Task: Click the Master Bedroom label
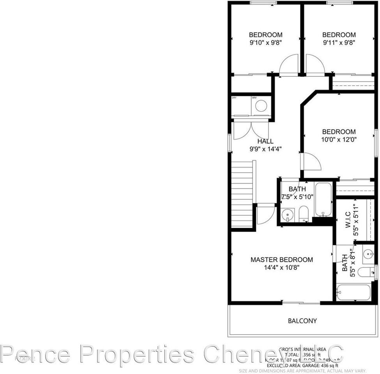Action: tap(281, 259)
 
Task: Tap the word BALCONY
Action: tap(302, 321)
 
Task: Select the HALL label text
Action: tap(265, 141)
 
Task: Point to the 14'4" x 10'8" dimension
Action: tap(281, 267)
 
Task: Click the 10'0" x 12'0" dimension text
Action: tap(339, 139)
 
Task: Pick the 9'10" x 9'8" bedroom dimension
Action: tap(265, 42)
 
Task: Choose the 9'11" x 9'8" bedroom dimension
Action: tap(339, 42)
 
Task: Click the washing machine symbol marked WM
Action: tap(261, 106)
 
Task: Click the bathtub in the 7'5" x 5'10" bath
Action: tap(323, 199)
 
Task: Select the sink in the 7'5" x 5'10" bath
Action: tap(288, 214)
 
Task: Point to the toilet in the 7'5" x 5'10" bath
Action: tap(304, 213)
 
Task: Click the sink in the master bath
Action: tap(368, 254)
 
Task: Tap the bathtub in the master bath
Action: tap(353, 292)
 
